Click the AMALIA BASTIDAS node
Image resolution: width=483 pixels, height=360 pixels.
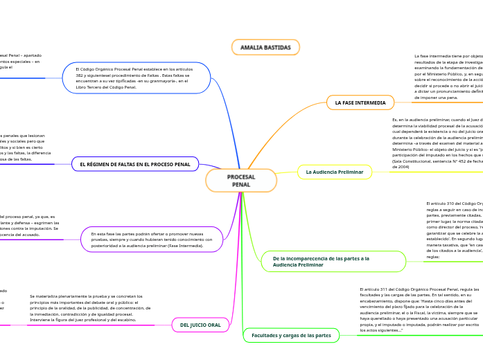pos(265,47)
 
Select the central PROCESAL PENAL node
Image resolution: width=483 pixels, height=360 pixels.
pos(241,181)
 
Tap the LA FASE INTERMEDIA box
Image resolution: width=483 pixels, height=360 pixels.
pos(360,102)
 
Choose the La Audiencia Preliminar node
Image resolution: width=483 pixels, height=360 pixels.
pos(335,172)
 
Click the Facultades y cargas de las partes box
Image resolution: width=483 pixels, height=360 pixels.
pos(291,335)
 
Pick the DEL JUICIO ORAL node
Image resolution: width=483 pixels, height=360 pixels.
pos(200,325)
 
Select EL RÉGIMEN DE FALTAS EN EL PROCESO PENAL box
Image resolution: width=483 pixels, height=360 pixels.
pos(135,164)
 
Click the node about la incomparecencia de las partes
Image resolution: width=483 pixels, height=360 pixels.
pos(333,261)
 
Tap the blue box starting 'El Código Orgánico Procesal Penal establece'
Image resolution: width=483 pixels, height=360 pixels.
pos(146,78)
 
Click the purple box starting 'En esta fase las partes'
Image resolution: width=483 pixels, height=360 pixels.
pos(152,240)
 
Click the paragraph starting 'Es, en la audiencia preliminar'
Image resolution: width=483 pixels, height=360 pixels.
pos(437,143)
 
